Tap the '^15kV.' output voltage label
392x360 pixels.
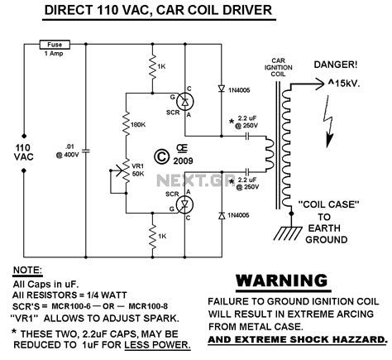click(353, 84)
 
